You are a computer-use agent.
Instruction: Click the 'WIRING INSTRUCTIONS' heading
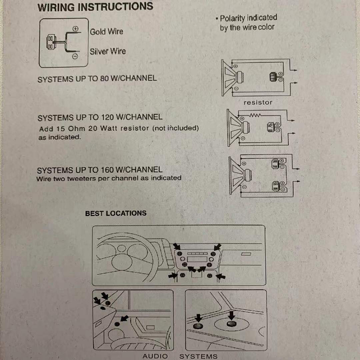coord(95,6)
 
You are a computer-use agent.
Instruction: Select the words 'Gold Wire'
coord(106,32)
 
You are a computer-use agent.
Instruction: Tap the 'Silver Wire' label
coord(108,51)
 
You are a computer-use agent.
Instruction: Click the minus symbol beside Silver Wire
coord(75,56)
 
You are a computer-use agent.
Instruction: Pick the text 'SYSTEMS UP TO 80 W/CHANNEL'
coord(97,78)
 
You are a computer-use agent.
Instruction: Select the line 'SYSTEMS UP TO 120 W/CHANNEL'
coord(100,117)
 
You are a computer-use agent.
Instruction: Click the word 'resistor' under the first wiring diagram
coord(258,102)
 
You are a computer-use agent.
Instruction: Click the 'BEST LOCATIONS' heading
coord(116,213)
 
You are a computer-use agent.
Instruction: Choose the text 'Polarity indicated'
coord(248,18)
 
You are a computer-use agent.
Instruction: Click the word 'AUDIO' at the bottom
coord(155,356)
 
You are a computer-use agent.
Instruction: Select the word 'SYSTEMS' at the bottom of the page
coord(198,356)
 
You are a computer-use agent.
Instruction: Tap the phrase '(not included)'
coord(176,128)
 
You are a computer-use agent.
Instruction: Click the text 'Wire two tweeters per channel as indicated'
coord(109,178)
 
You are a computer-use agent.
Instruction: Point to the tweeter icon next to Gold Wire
coord(50,41)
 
